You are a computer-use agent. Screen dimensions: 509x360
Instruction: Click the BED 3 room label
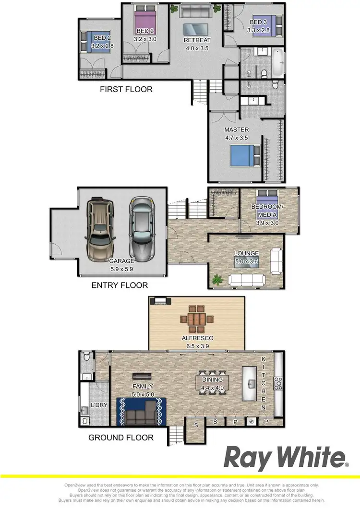point(258,22)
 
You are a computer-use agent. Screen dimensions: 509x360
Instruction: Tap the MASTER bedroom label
point(237,130)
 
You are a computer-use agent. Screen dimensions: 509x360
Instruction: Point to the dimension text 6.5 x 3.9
point(197,345)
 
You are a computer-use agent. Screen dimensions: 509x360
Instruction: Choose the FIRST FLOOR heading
point(126,89)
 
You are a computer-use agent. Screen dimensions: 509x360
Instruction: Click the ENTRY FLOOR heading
point(120,285)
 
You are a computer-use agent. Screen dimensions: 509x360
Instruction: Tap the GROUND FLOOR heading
point(121,437)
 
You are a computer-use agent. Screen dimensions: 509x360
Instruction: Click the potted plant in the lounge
point(217,279)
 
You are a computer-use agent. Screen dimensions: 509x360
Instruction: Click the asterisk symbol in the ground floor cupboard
point(251,422)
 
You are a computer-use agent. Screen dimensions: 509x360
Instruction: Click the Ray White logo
point(286,458)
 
